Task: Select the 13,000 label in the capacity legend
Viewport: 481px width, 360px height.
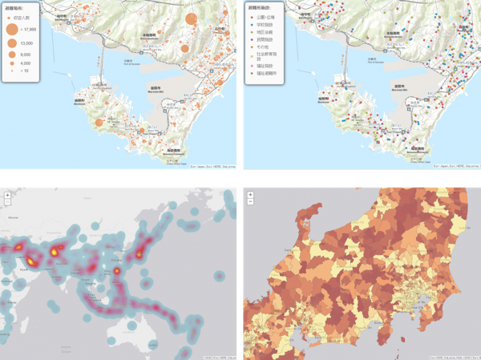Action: pyautogui.click(x=26, y=42)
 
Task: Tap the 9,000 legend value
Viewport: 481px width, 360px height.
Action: pyautogui.click(x=26, y=53)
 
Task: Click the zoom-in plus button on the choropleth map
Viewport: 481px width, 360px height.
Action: pyautogui.click(x=250, y=194)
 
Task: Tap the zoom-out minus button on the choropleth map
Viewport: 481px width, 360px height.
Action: pyautogui.click(x=250, y=202)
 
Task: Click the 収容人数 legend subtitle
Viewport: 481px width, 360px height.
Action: pyautogui.click(x=25, y=17)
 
